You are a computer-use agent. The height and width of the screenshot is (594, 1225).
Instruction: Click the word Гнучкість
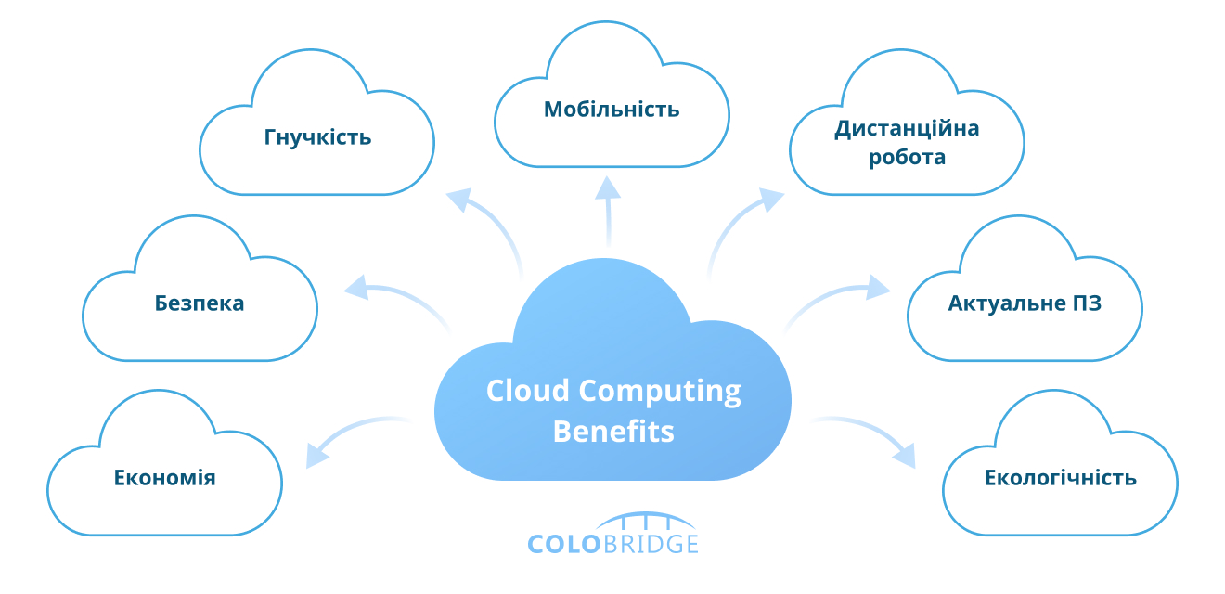[317, 138]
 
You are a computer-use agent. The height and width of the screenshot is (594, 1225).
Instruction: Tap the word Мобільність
[612, 110]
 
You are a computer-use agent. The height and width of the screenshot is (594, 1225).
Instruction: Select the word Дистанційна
[907, 128]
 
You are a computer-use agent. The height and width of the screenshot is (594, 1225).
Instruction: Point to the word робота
[907, 157]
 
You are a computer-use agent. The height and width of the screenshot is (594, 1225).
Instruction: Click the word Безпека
[200, 303]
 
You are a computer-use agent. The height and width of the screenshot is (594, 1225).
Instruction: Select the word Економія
[164, 478]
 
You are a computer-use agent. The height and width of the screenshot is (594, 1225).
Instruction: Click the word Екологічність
[1060, 478]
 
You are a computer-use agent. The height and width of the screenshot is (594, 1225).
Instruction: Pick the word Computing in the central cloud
[662, 392]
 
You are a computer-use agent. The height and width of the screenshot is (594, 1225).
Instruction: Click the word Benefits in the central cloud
[613, 432]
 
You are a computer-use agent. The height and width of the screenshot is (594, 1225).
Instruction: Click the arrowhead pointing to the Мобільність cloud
[607, 188]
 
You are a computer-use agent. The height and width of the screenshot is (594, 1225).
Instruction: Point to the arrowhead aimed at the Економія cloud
[318, 454]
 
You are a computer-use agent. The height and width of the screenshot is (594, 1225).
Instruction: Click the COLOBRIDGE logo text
[612, 542]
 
